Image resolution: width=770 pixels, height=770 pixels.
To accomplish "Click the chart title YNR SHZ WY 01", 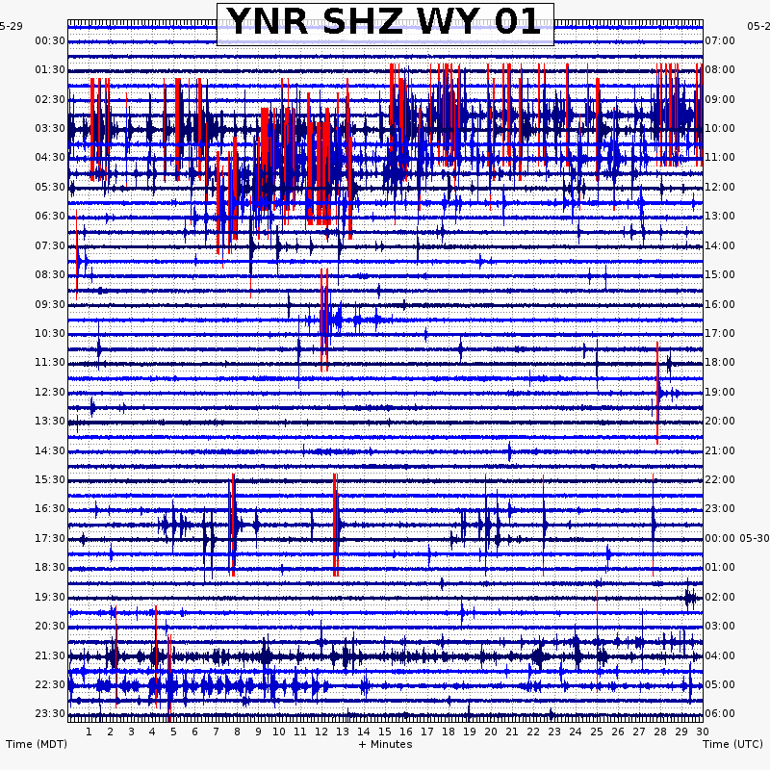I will click(x=385, y=23).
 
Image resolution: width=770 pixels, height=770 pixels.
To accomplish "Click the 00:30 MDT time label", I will click(x=50, y=40).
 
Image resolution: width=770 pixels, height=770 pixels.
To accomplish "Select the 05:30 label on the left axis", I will click(x=50, y=187).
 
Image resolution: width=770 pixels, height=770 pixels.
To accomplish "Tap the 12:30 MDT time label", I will click(x=50, y=392).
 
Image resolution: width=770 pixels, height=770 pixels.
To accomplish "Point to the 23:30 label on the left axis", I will click(x=50, y=713).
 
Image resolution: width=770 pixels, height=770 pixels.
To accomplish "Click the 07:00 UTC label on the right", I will click(x=720, y=40).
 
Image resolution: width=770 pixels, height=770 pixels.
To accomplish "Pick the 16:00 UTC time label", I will click(x=720, y=304).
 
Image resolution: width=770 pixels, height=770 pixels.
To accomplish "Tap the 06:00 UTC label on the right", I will click(x=720, y=713).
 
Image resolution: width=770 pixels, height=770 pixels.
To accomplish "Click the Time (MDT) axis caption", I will click(x=37, y=744).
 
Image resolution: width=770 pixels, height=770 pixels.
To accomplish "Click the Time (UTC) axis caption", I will click(x=732, y=744).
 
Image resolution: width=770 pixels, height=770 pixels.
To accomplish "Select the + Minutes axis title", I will click(x=385, y=744).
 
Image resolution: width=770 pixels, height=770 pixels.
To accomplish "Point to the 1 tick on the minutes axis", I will click(x=89, y=731).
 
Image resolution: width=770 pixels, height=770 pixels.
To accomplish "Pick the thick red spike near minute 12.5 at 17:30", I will click(x=335, y=525).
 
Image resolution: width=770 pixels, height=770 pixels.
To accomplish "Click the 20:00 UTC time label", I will click(x=720, y=421).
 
